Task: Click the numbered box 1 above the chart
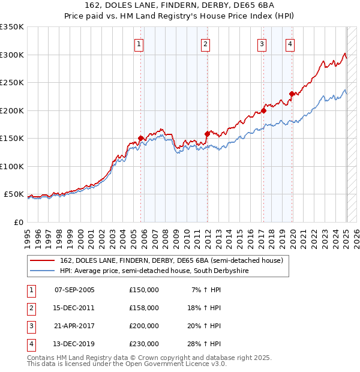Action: [139, 44]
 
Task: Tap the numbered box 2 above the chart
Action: [205, 44]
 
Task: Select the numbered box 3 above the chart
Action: [262, 44]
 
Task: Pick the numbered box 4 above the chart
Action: [290, 44]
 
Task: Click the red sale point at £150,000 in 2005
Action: [141, 138]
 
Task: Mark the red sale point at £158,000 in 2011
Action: [207, 134]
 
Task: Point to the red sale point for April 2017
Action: [263, 110]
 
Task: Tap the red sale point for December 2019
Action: [292, 94]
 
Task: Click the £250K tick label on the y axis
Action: [12, 83]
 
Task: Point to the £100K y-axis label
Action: [12, 166]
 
